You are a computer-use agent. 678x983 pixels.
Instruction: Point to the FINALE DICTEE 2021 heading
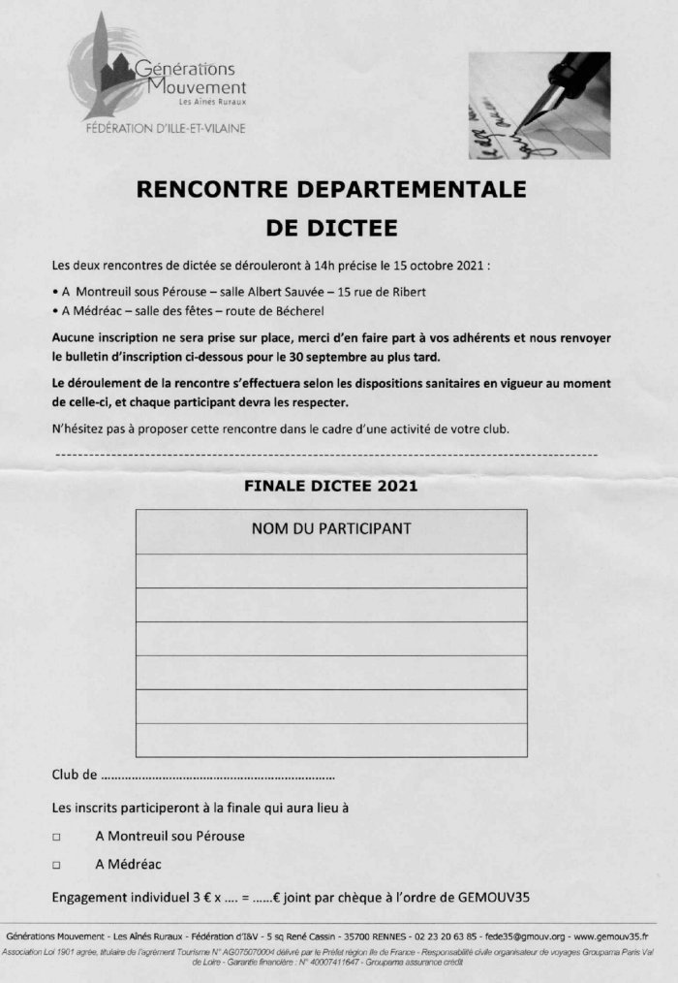click(x=331, y=483)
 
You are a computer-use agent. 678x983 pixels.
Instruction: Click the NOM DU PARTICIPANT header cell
click(x=331, y=529)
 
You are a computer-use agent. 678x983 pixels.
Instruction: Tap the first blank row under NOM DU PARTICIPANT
click(x=331, y=570)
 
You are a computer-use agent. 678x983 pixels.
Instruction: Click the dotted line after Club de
click(x=218, y=776)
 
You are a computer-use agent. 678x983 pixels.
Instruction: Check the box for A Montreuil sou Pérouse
click(x=56, y=837)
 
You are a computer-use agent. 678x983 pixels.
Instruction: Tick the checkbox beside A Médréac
click(x=56, y=864)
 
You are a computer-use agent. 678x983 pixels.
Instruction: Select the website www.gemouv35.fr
click(x=611, y=937)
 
